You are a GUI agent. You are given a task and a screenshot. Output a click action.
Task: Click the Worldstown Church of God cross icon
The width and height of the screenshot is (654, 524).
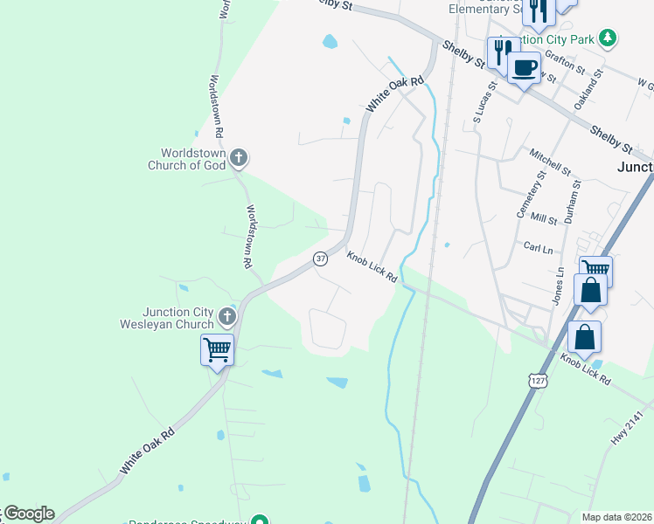click(x=240, y=158)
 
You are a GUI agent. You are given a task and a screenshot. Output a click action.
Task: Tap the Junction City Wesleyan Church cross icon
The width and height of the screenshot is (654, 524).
click(x=227, y=316)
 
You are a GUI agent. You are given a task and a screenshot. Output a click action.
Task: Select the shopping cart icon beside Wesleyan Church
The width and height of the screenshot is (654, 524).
click(x=217, y=350)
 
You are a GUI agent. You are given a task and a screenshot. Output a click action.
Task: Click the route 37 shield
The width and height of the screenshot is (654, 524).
click(x=321, y=259)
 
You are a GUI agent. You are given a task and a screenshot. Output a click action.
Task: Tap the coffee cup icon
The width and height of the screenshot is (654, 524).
click(x=524, y=68)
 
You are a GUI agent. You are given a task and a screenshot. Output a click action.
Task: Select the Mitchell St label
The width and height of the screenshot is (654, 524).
click(x=549, y=161)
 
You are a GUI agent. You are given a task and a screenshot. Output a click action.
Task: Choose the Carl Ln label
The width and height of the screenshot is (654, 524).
click(x=537, y=247)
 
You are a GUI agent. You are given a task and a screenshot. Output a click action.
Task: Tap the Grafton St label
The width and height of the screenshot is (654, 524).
click(x=564, y=60)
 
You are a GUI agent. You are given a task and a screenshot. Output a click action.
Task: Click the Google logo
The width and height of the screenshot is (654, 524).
click(x=28, y=514)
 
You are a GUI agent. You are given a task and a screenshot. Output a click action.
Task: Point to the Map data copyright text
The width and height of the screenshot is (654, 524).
click(x=616, y=517)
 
